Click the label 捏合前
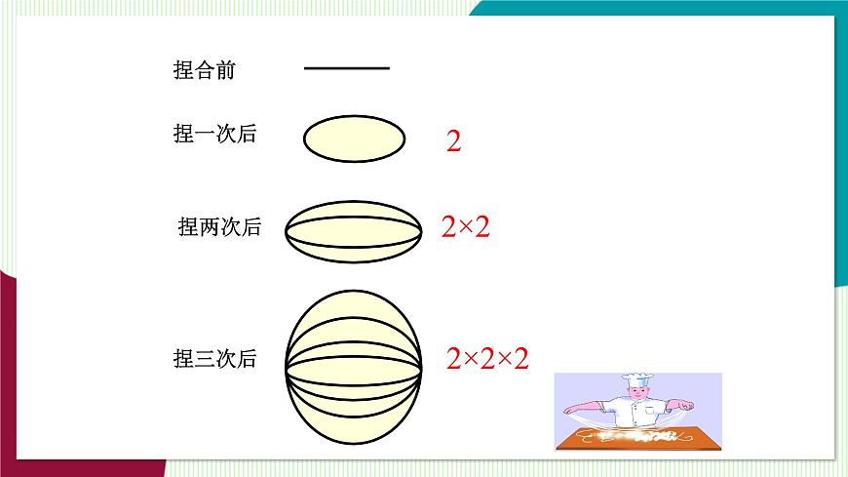[204, 70]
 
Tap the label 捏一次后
[214, 135]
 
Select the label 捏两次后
[220, 227]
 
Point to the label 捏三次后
[214, 359]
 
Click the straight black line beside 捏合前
[346, 68]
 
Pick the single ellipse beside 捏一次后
[354, 139]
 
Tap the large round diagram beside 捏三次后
[354, 360]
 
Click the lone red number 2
[453, 142]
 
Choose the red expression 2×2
[465, 228]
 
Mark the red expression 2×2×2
[487, 359]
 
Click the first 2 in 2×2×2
[453, 359]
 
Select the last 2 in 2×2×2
[520, 359]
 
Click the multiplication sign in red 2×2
[465, 229]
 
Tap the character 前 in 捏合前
[225, 70]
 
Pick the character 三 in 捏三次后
[204, 359]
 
